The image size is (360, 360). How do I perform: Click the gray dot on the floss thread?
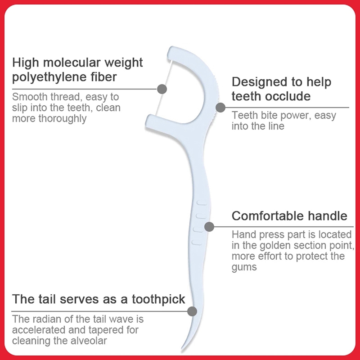point(162,89)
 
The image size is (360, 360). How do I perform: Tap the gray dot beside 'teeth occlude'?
point(220,108)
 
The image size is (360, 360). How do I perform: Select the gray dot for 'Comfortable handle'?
point(209,227)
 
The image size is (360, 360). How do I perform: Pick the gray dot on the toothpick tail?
point(192,311)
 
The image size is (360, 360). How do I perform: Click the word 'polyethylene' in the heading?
point(49,77)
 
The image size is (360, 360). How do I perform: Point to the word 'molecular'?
point(72,63)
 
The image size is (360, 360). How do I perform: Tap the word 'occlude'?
point(288,96)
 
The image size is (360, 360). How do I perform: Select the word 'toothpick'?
point(158,300)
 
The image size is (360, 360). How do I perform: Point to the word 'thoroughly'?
point(63,119)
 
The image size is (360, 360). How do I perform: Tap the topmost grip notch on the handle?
point(202,203)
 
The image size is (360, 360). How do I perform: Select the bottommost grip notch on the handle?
point(197,243)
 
